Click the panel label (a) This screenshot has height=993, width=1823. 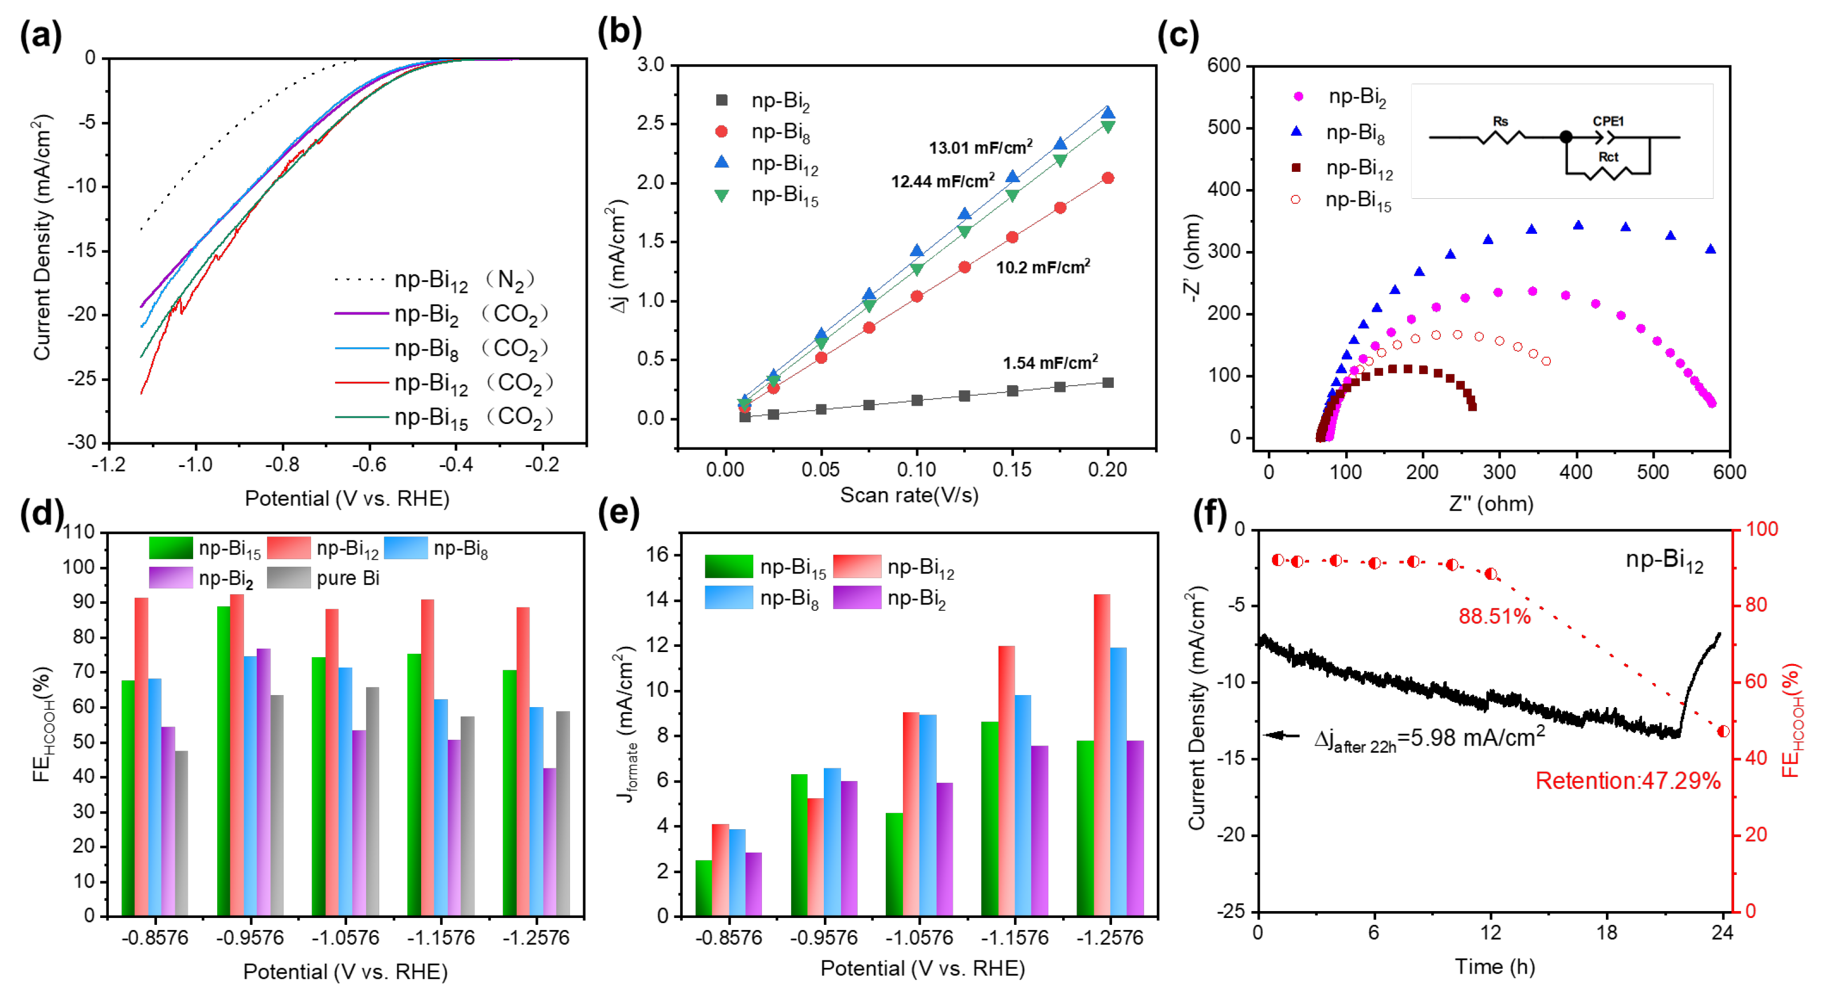[x=40, y=36]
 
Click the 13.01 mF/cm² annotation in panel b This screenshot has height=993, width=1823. [x=980, y=147]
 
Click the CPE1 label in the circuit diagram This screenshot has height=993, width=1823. [x=1608, y=121]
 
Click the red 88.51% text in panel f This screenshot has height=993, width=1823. [x=1494, y=617]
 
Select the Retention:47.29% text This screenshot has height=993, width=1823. [x=1627, y=780]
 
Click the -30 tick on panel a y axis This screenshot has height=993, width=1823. [x=81, y=443]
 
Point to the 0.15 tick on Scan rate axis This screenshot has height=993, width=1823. [x=1011, y=469]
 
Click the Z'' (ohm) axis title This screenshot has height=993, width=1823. [x=1490, y=504]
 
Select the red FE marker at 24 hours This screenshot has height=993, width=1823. [x=1723, y=731]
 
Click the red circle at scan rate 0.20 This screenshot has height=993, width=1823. [x=1107, y=178]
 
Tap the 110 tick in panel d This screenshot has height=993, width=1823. [x=78, y=532]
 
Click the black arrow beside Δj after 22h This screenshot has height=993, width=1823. [x=1282, y=735]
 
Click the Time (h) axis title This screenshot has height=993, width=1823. [x=1494, y=967]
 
